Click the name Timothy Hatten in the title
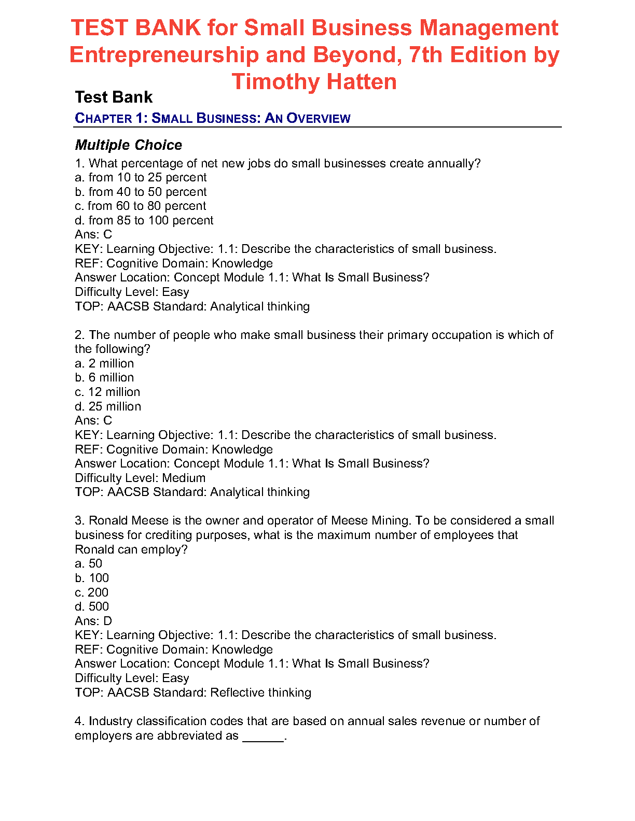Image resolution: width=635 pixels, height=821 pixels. click(x=314, y=82)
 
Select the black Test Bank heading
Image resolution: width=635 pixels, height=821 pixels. click(x=114, y=97)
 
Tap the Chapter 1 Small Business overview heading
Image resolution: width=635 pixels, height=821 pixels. click(x=213, y=118)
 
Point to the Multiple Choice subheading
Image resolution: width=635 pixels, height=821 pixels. click(x=129, y=145)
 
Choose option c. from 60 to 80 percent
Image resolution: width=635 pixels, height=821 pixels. click(x=141, y=206)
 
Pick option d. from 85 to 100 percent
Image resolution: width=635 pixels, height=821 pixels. click(x=144, y=221)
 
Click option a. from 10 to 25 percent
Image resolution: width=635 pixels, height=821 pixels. click(x=141, y=178)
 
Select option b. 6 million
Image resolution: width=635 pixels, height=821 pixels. click(x=104, y=378)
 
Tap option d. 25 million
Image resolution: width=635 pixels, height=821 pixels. click(x=108, y=406)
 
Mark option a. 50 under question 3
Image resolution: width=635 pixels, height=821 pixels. click(x=89, y=564)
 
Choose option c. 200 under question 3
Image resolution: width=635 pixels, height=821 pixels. click(x=92, y=592)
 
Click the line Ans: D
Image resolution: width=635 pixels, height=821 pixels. click(x=93, y=621)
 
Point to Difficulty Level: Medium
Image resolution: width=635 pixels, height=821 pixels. click(x=140, y=478)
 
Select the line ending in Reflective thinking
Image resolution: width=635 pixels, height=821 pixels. click(x=193, y=692)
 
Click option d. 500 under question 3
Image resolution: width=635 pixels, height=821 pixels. click(x=92, y=607)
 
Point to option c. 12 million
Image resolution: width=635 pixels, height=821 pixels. click(x=107, y=392)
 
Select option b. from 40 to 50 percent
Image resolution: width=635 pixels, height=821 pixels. click(x=141, y=192)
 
